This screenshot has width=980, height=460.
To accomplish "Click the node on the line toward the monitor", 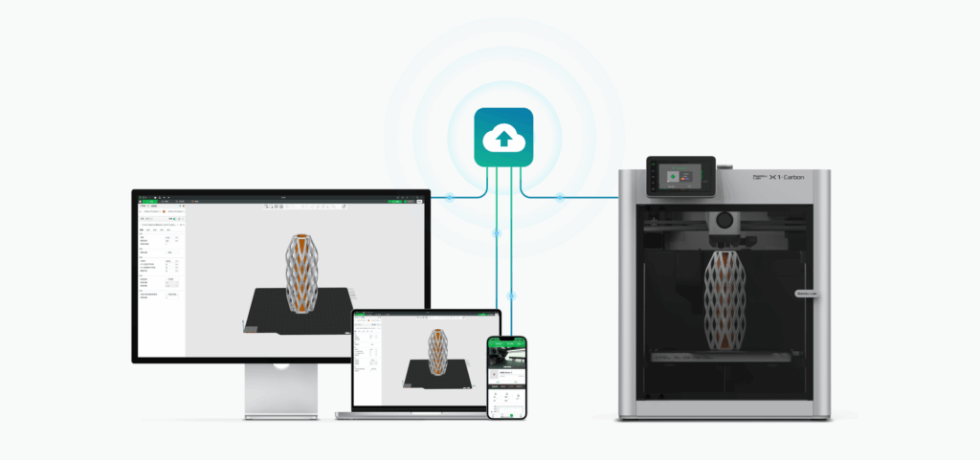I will (450, 198).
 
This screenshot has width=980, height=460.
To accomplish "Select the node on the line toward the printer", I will (559, 198).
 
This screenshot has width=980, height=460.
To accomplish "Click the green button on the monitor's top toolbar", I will (394, 201).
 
